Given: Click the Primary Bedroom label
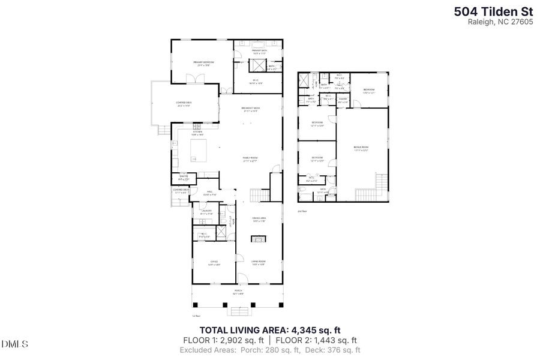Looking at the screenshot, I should (203, 62).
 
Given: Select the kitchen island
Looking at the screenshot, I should (197, 149).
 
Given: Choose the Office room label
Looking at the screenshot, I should (214, 263).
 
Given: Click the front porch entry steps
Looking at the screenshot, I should (238, 310).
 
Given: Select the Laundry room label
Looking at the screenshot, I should (207, 211).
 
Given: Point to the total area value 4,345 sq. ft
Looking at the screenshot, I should (316, 329).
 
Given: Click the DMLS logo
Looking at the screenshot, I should (15, 344).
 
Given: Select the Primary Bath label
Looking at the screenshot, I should (259, 51).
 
